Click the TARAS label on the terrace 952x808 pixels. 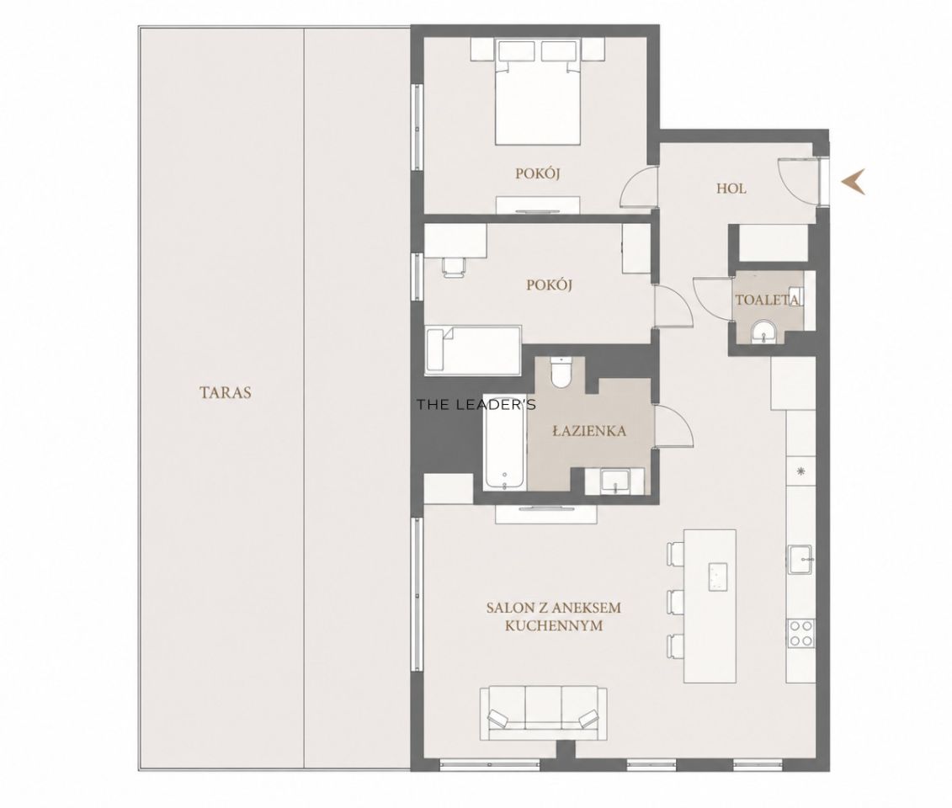click(x=226, y=392)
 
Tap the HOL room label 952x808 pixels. click(x=731, y=189)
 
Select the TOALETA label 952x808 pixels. click(x=766, y=300)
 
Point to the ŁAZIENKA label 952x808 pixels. click(x=589, y=431)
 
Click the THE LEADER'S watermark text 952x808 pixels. click(x=476, y=405)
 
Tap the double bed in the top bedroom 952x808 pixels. click(x=538, y=93)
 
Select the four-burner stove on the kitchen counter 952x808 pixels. click(x=800, y=633)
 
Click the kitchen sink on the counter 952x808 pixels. click(x=800, y=559)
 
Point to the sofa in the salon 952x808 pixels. click(x=543, y=713)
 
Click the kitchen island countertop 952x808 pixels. click(x=710, y=606)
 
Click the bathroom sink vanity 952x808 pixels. click(x=614, y=481)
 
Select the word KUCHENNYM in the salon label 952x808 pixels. click(x=554, y=625)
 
